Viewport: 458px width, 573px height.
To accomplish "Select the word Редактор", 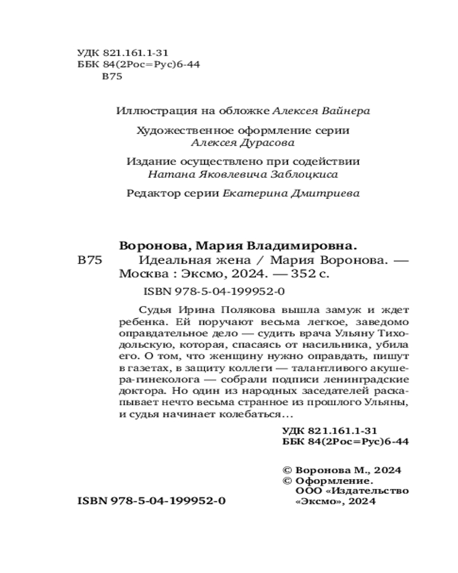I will tap(148, 194).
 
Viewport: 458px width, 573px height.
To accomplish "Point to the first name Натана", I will tap(167, 174).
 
